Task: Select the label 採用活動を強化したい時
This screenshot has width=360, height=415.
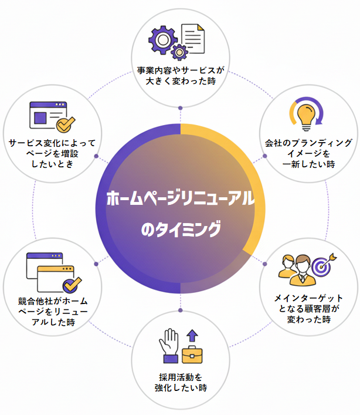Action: pos(181,382)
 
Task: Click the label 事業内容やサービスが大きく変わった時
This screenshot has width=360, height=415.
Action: pos(181,75)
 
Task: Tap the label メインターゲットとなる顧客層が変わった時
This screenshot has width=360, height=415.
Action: pos(308,309)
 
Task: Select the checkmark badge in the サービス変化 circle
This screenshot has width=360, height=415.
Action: pos(65,124)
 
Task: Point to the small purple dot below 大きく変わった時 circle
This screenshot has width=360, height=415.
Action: pos(180,107)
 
